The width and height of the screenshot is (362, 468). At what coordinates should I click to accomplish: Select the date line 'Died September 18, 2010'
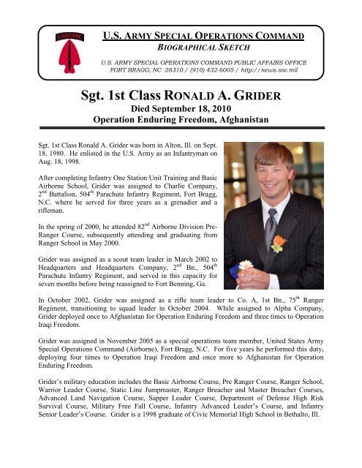coord(181,111)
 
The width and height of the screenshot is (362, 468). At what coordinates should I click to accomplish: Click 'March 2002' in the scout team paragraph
coord(162,268)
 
